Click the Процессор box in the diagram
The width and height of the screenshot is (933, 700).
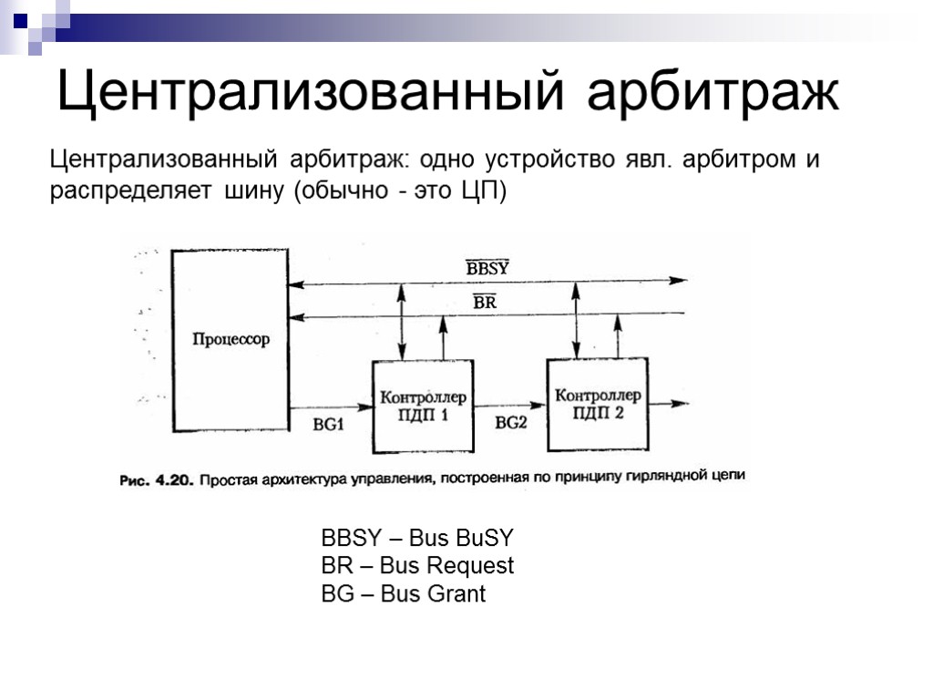[231, 339]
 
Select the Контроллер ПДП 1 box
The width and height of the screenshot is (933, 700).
[423, 407]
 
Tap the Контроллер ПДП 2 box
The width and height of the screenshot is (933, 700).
[598, 404]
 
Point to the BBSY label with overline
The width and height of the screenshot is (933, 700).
[487, 268]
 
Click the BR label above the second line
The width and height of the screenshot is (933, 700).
[485, 303]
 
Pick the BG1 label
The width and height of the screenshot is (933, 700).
[328, 423]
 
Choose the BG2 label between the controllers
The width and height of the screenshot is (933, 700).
[510, 422]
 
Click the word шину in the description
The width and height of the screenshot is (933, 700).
[252, 192]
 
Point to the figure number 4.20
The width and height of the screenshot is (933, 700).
[170, 479]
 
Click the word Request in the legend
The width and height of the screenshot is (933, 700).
[466, 566]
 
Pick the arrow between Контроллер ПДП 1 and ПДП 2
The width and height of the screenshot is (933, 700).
[510, 405]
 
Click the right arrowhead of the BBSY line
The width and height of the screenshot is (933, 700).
[679, 281]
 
